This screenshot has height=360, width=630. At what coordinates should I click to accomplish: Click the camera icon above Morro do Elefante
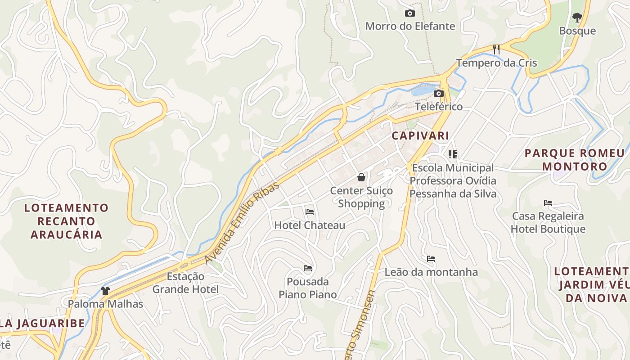(409, 13)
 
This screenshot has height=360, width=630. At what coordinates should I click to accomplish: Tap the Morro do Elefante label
(410, 26)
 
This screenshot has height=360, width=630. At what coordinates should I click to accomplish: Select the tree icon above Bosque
(577, 18)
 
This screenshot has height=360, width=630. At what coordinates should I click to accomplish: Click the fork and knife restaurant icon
(496, 49)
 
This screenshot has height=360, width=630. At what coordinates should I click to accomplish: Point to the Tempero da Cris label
(496, 63)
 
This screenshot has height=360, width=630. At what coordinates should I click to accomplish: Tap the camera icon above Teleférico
(438, 93)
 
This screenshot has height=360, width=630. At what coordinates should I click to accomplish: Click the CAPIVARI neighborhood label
(420, 135)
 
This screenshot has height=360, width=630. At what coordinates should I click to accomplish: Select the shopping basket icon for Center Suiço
(361, 177)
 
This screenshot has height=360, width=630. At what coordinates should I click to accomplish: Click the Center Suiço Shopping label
(361, 197)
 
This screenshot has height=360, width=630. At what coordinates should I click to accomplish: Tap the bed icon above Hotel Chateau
(310, 211)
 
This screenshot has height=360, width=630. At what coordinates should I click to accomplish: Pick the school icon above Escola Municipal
(453, 154)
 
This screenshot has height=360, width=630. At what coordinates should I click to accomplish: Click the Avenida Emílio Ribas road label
(242, 223)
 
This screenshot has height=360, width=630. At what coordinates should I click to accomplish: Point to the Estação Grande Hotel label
(185, 283)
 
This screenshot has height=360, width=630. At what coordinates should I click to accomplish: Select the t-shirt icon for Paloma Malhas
(105, 291)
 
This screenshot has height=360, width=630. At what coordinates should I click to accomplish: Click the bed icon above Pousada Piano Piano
(308, 268)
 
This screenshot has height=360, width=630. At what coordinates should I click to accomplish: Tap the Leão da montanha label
(431, 272)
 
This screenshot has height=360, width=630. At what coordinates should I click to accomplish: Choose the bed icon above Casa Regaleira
(548, 202)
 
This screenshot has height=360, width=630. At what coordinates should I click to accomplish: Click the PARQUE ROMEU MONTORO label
(574, 160)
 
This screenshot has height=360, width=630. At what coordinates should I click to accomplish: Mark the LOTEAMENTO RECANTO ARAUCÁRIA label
(67, 221)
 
